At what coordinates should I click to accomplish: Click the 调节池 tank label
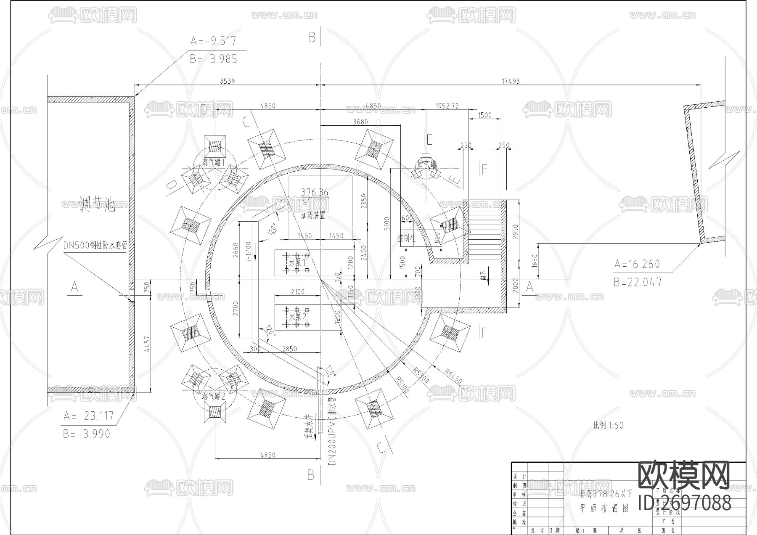point(97,205)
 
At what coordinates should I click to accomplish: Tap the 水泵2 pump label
point(297,316)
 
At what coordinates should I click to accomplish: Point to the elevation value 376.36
point(315,192)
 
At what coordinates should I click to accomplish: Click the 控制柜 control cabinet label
point(406,238)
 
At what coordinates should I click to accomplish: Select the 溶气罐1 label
point(214,162)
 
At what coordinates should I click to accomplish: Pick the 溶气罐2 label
point(214,396)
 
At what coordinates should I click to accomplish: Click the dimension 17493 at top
point(511,81)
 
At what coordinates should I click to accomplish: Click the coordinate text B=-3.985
point(214,59)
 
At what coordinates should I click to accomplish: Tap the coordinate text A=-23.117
point(89,416)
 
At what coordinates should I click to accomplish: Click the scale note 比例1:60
point(608,425)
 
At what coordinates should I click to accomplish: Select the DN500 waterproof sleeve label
point(95,246)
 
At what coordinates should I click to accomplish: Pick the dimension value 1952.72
point(447,106)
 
